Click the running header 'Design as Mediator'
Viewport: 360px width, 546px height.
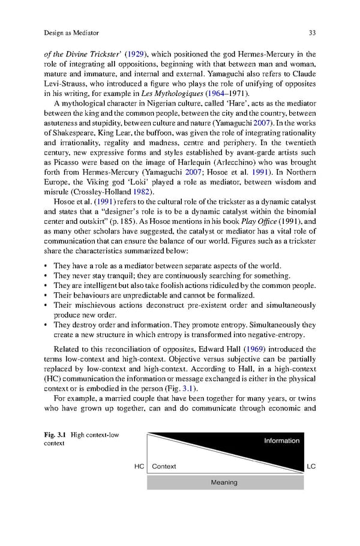[x=71, y=32]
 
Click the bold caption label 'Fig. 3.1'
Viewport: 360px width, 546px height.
[x=55, y=433]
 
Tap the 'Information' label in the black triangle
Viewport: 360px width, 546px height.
[x=281, y=440]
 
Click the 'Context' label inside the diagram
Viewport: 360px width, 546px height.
[x=164, y=466]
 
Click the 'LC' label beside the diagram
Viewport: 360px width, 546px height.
[x=311, y=466]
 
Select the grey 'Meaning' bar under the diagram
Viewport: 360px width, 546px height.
[x=224, y=482]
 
